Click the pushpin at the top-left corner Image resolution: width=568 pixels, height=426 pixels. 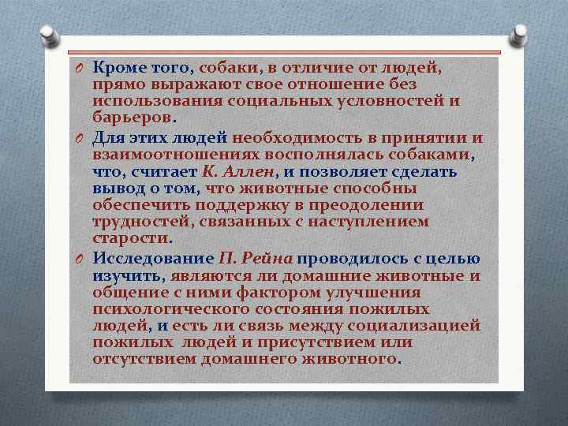(x=47, y=33)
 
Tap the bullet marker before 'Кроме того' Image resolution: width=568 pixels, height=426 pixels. (x=80, y=69)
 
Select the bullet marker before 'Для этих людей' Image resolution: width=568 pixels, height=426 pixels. (x=80, y=139)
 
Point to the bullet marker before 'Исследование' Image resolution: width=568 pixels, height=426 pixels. (x=80, y=259)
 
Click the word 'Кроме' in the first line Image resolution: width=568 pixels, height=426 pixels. (x=116, y=69)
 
